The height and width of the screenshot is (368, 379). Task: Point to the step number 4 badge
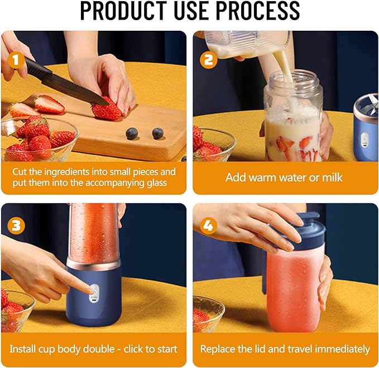pyautogui.click(x=209, y=226)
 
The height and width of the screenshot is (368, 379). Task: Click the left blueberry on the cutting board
pyautogui.click(x=132, y=133)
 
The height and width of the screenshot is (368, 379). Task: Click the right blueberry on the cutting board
pyautogui.click(x=157, y=133)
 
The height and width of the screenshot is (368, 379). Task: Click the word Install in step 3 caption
pyautogui.click(x=25, y=349)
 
